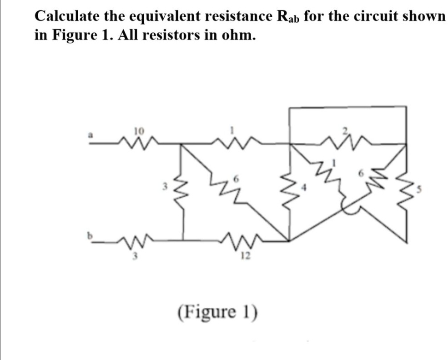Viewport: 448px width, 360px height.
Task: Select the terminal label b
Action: point(91,235)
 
